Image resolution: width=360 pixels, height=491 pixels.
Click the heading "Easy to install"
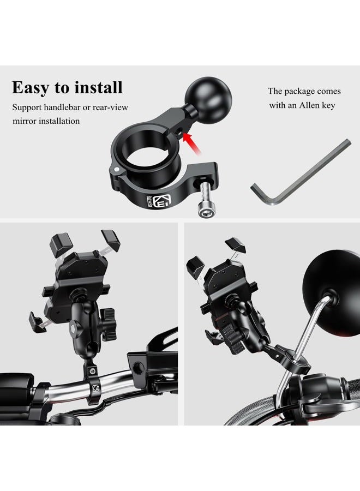pos(67,87)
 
